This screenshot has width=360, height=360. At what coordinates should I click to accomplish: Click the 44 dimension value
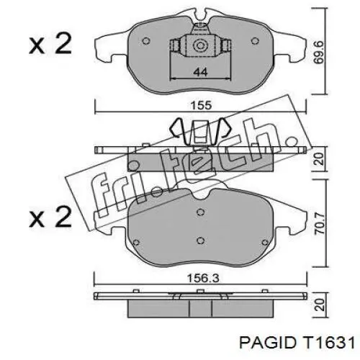pyautogui.click(x=200, y=71)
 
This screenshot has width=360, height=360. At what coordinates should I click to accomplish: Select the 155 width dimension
pyautogui.click(x=201, y=106)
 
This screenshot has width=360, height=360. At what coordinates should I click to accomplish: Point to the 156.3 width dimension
pyautogui.click(x=203, y=279)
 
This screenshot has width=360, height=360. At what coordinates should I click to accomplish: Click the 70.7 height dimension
pyautogui.click(x=320, y=223)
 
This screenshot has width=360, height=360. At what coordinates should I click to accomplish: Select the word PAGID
pyautogui.click(x=267, y=343)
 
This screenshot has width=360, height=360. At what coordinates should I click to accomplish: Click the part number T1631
pyautogui.click(x=328, y=343)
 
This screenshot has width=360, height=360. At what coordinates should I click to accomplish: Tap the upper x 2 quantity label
pyautogui.click(x=50, y=44)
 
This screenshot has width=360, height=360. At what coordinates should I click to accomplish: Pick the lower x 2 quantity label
pyautogui.click(x=50, y=217)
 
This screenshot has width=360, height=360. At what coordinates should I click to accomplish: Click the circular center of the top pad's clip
pyautogui.click(x=200, y=45)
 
